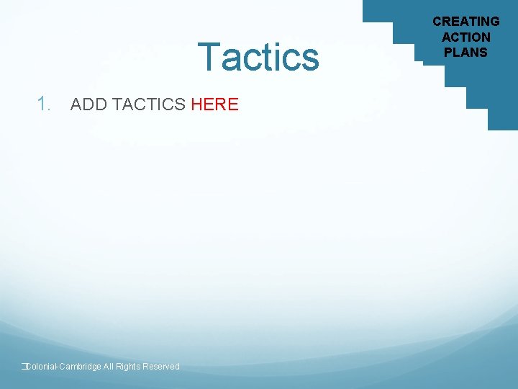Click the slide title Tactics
(258, 57)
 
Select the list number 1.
(45, 104)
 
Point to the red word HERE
(215, 104)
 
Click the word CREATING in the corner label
(465, 22)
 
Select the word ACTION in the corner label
(465, 37)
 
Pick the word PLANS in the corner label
(465, 52)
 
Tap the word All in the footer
(109, 367)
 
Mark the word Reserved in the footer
(161, 367)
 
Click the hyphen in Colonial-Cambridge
(58, 367)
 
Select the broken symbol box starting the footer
(23, 367)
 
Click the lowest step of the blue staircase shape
(503, 120)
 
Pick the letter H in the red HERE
(198, 104)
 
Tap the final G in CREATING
(494, 22)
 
